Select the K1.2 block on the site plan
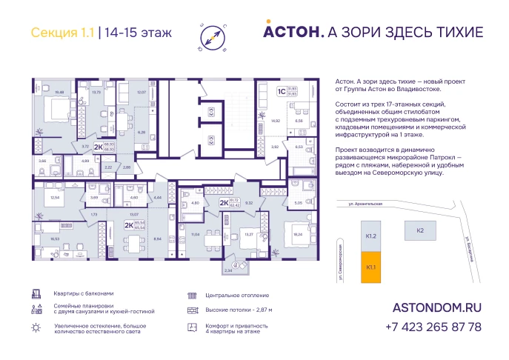pyautogui.click(x=371, y=236)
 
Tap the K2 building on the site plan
pyautogui.click(x=419, y=231)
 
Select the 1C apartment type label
pyautogui.click(x=281, y=93)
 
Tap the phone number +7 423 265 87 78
pyautogui.click(x=433, y=327)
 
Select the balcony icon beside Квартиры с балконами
pyautogui.click(x=36, y=293)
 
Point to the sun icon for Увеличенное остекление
pyautogui.click(x=36, y=327)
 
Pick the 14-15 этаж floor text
pyautogui.click(x=139, y=32)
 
